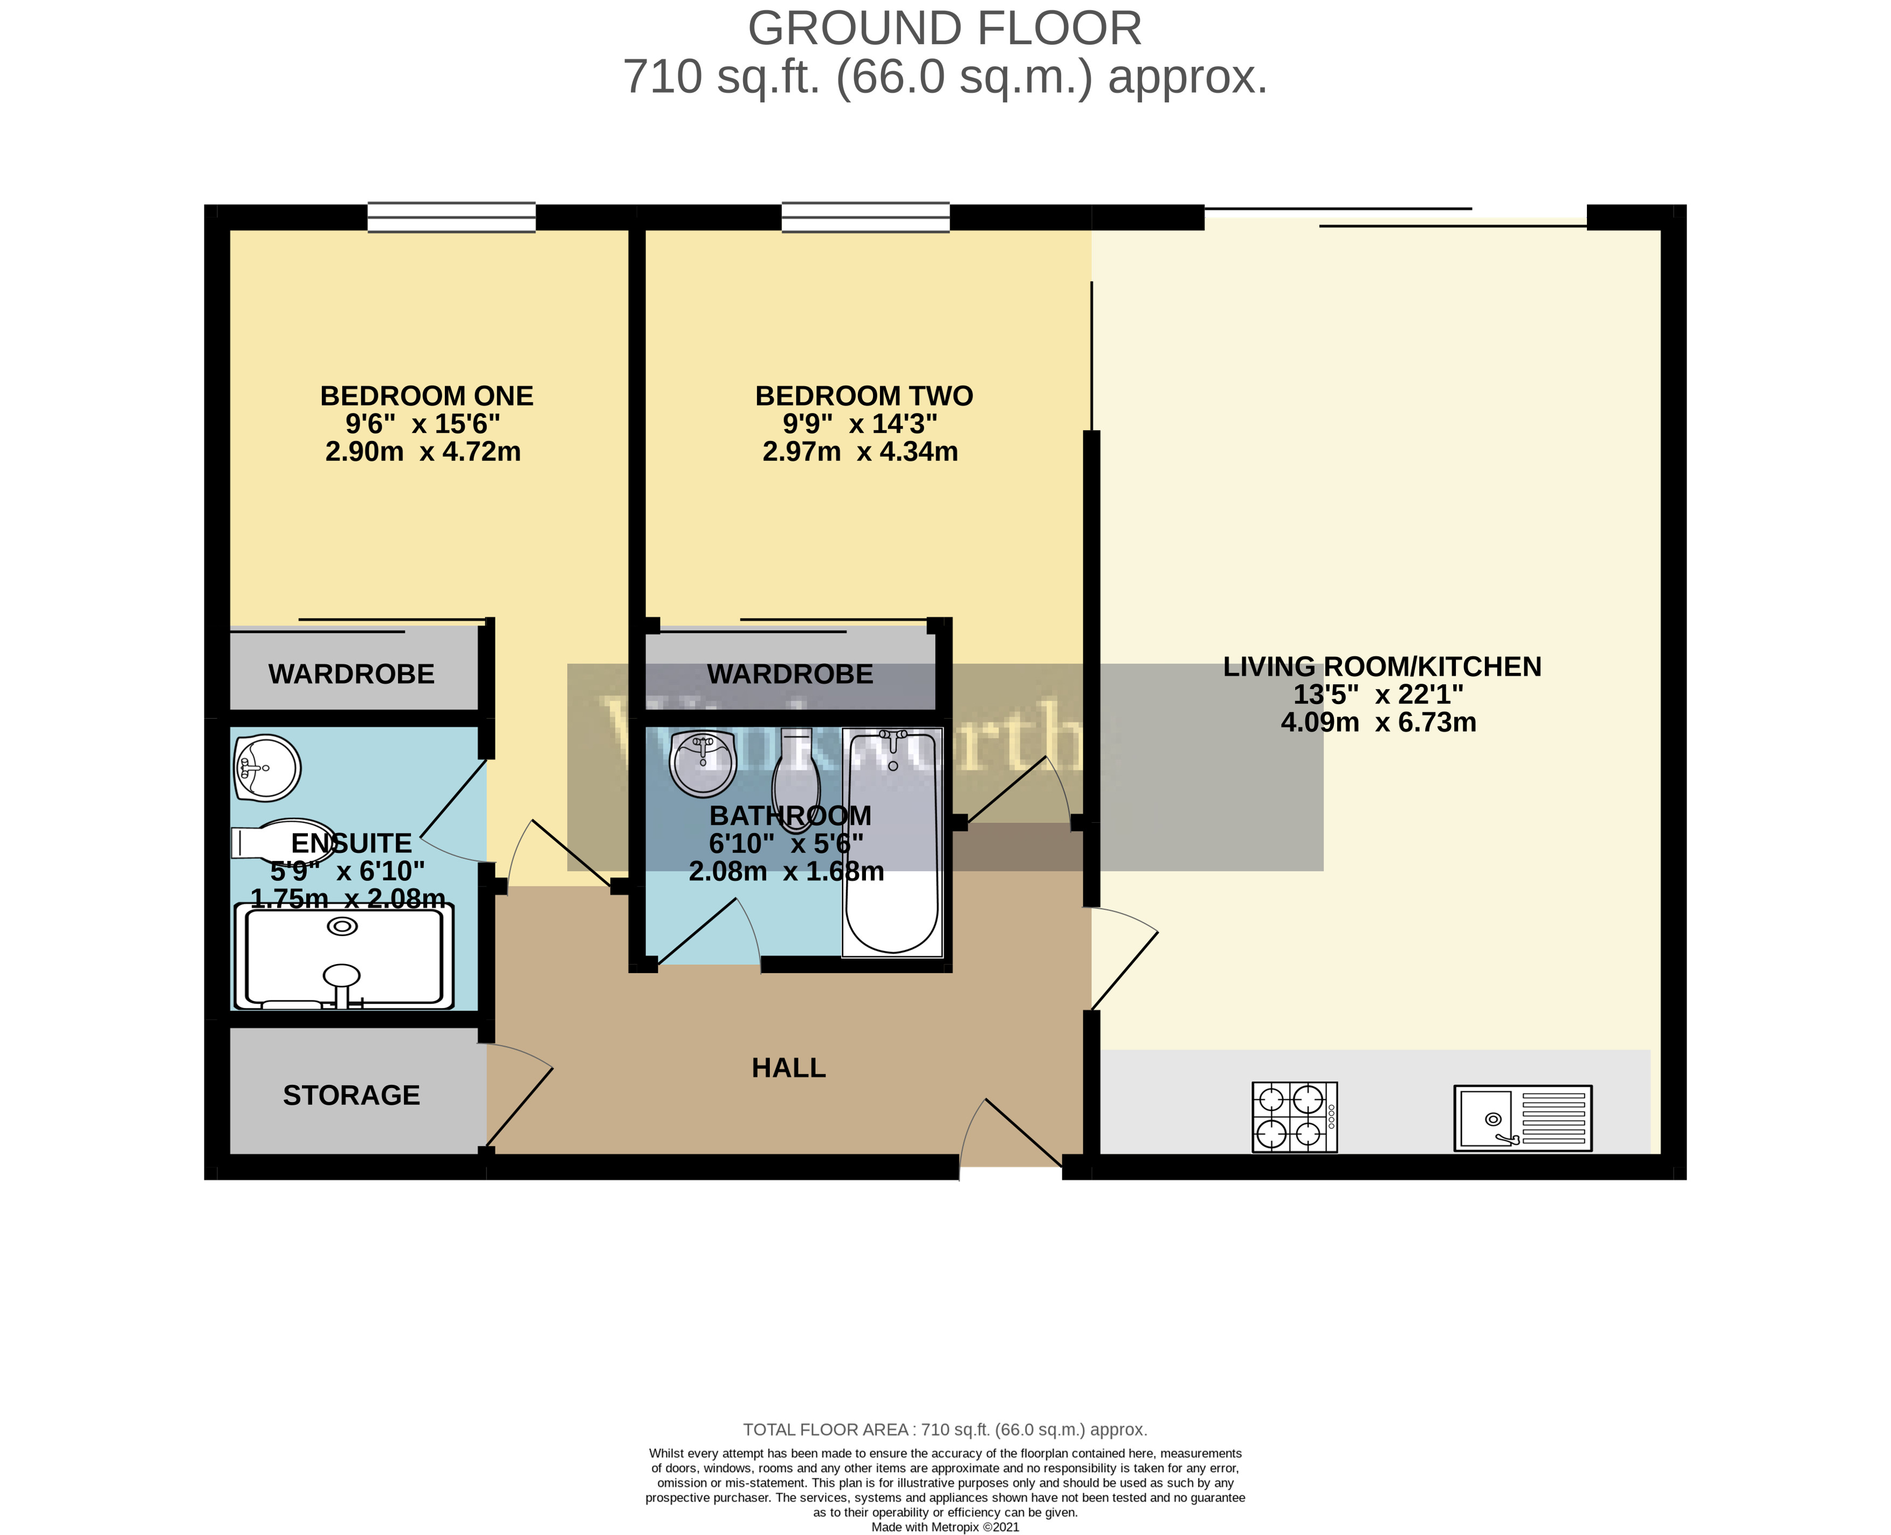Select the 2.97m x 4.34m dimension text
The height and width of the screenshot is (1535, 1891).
[859, 452]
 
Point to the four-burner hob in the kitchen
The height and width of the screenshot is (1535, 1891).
[1294, 1117]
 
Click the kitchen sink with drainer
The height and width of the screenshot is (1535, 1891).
[1522, 1119]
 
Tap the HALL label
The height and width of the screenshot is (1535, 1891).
[788, 1068]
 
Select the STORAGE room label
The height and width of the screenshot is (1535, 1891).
[351, 1096]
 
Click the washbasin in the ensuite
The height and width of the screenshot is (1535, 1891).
[268, 768]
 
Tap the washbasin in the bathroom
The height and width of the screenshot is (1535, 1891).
[703, 763]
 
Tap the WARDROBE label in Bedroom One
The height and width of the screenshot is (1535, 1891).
[351, 674]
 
